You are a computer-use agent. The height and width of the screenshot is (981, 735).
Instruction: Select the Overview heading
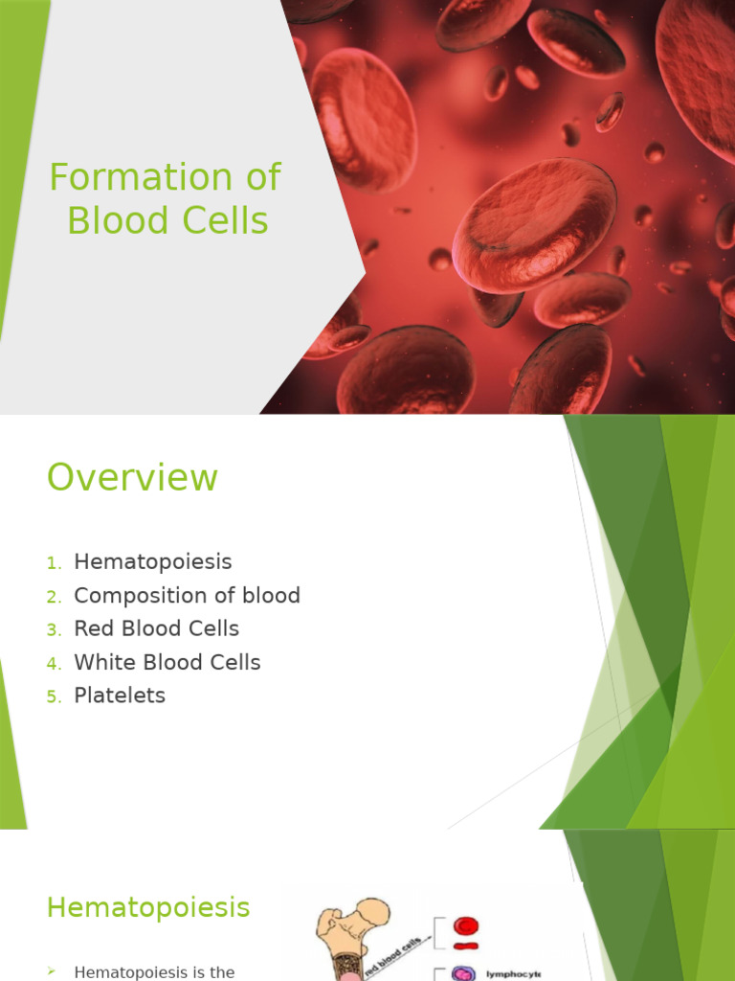pyautogui.click(x=132, y=477)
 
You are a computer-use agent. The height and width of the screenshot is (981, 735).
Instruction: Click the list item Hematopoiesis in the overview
pyautogui.click(x=152, y=562)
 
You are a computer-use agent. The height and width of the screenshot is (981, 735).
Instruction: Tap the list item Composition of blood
pyautogui.click(x=187, y=596)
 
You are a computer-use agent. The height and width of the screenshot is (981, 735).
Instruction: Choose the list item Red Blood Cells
pyautogui.click(x=156, y=629)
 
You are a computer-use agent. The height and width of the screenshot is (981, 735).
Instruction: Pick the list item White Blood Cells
pyautogui.click(x=167, y=663)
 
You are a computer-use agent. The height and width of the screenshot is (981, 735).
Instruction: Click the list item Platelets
pyautogui.click(x=120, y=696)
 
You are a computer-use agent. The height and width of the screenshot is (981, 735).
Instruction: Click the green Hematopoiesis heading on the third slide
pyautogui.click(x=148, y=907)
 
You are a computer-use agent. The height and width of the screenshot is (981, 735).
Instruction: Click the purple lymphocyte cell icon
pyautogui.click(x=464, y=973)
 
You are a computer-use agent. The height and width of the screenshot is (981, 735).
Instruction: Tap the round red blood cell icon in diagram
pyautogui.click(x=466, y=925)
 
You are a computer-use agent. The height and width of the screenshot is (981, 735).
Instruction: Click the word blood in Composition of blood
pyautogui.click(x=272, y=596)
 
